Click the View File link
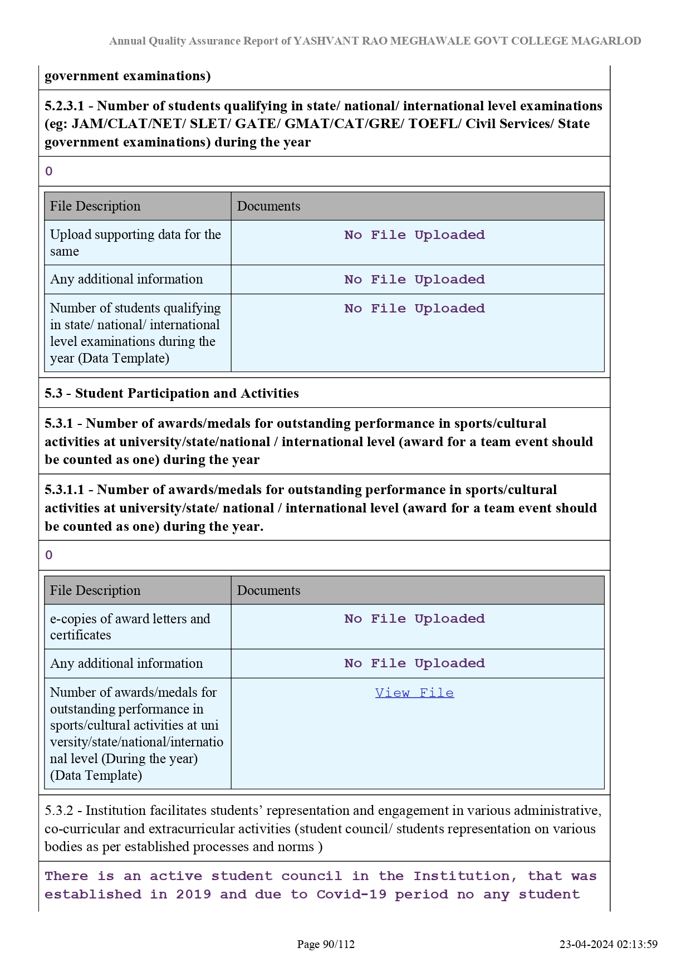(414, 693)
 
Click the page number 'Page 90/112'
(326, 944)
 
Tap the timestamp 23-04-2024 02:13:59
(609, 944)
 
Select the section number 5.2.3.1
(64, 106)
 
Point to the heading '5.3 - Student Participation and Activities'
(171, 393)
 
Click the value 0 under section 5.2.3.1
(49, 172)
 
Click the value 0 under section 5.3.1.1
(49, 555)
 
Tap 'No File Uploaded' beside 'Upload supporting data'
(414, 235)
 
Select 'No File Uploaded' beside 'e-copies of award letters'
(414, 619)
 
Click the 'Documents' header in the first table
(268, 206)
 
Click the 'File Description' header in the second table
(95, 590)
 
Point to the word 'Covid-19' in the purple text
(351, 895)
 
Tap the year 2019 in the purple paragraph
(193, 895)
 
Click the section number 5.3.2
(59, 810)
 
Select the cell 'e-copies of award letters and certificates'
(130, 627)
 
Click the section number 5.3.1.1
(64, 490)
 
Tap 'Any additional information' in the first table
(126, 279)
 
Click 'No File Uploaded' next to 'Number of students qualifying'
(414, 309)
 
